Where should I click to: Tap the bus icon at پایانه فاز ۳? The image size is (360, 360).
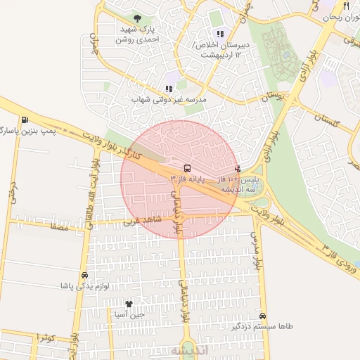[x=186, y=169]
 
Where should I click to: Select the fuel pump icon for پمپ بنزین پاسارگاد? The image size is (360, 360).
[x=26, y=120]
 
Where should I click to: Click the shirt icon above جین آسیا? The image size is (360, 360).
[x=129, y=304]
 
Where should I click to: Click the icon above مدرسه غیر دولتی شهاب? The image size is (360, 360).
[x=169, y=89]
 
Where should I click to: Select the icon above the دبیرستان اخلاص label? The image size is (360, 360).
[x=221, y=33]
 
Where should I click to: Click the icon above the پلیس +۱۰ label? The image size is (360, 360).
[x=238, y=169]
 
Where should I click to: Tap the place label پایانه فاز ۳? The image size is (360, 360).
[x=191, y=180]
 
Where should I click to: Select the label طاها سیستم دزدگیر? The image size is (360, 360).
[x=257, y=327]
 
